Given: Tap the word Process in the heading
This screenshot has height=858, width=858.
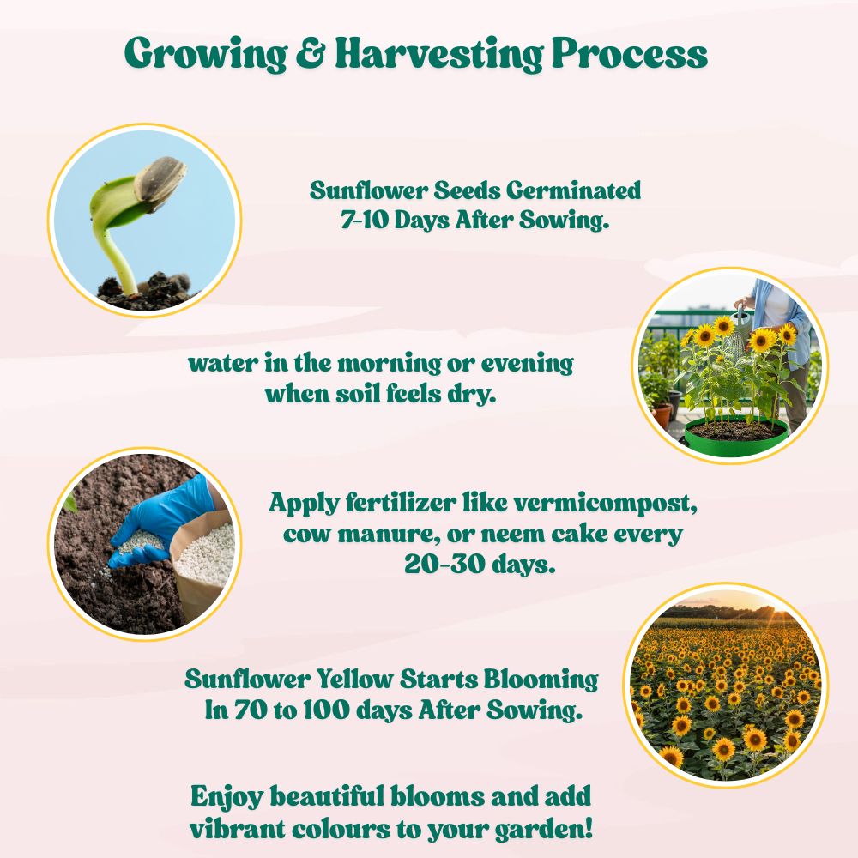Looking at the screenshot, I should point(629,55).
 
